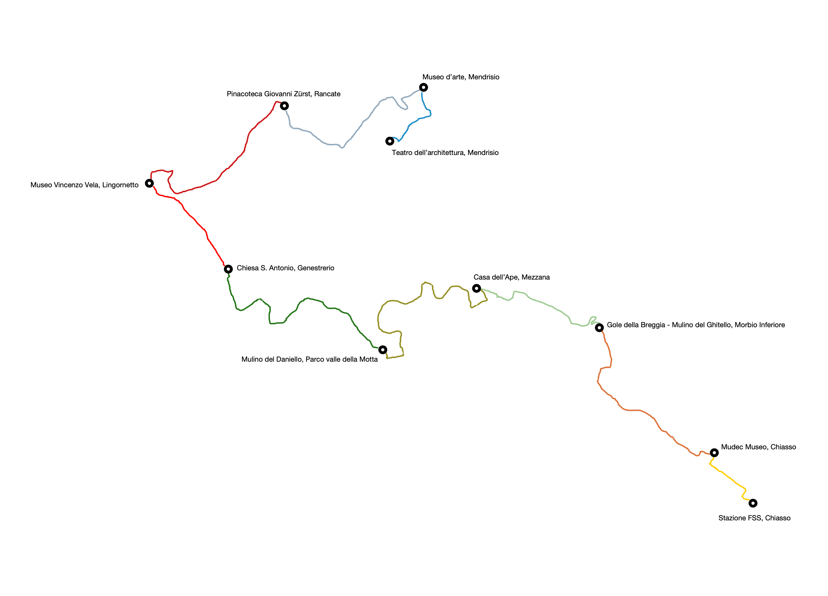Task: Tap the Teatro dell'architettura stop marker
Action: tap(390, 141)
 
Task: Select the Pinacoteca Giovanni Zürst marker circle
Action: tap(284, 106)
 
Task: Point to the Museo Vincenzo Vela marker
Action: tap(149, 183)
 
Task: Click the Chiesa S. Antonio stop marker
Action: tap(228, 269)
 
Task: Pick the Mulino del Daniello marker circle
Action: tap(383, 350)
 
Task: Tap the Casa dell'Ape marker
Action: tap(476, 288)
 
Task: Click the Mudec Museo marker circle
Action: tap(714, 453)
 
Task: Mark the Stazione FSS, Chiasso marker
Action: tap(753, 503)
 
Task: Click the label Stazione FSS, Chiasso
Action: tap(754, 518)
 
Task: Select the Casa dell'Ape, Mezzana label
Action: tap(512, 277)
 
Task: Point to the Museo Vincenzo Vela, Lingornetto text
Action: tap(84, 185)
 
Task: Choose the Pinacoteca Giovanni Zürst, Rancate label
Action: tap(284, 94)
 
